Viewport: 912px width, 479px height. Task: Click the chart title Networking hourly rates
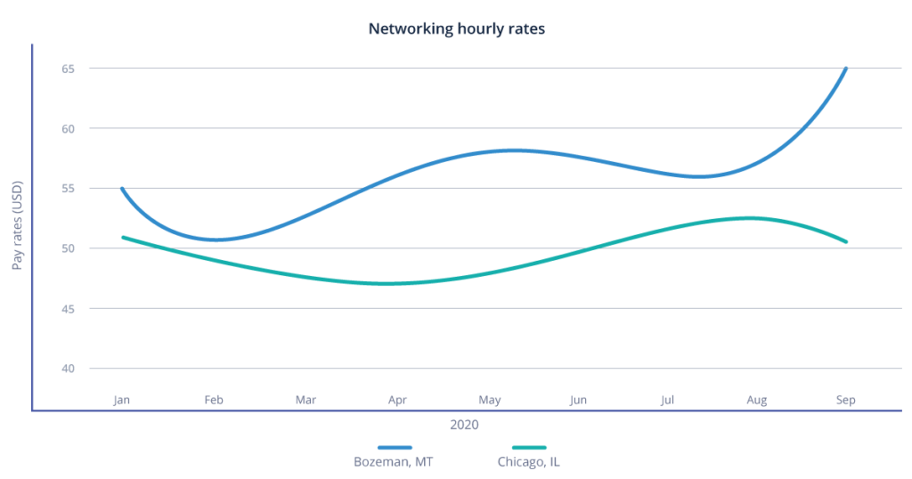tap(456, 28)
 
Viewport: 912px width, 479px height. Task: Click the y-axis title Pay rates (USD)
tap(19, 225)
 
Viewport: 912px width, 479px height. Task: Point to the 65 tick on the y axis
tap(68, 69)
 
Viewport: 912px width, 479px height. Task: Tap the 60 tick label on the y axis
tap(68, 128)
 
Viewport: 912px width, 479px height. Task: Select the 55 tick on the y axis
tap(68, 189)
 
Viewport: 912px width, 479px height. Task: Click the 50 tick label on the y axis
tap(68, 248)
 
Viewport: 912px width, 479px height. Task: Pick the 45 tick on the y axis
tap(68, 309)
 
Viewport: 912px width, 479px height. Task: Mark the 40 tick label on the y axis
tap(68, 369)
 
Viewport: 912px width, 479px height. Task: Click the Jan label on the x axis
tap(121, 401)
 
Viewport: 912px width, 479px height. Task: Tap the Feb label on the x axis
tap(213, 401)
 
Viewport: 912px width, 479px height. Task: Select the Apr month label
tap(397, 401)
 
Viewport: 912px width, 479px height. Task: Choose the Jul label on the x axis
tap(667, 401)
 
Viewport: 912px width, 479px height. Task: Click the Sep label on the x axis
tap(846, 401)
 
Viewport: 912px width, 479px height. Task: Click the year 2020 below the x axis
tap(464, 426)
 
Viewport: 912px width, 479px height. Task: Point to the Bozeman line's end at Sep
tap(846, 68)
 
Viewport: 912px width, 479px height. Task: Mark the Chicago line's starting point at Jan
tap(122, 237)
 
